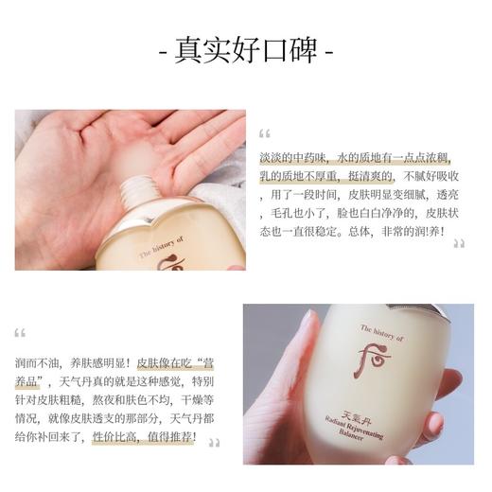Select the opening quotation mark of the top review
pyautogui.click(x=265, y=132)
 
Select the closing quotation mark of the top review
pyautogui.click(x=459, y=244)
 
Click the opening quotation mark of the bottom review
pyautogui.click(x=20, y=332)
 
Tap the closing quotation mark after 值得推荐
pyautogui.click(x=214, y=441)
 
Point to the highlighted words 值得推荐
pyautogui.click(x=169, y=437)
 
